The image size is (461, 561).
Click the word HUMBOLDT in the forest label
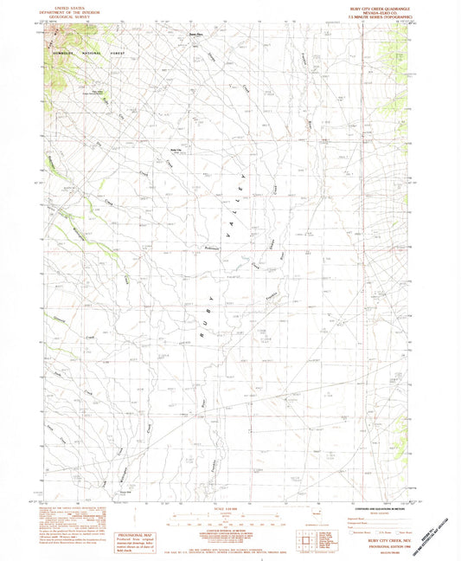pos(66,53)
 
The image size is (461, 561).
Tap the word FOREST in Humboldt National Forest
pos(118,53)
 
